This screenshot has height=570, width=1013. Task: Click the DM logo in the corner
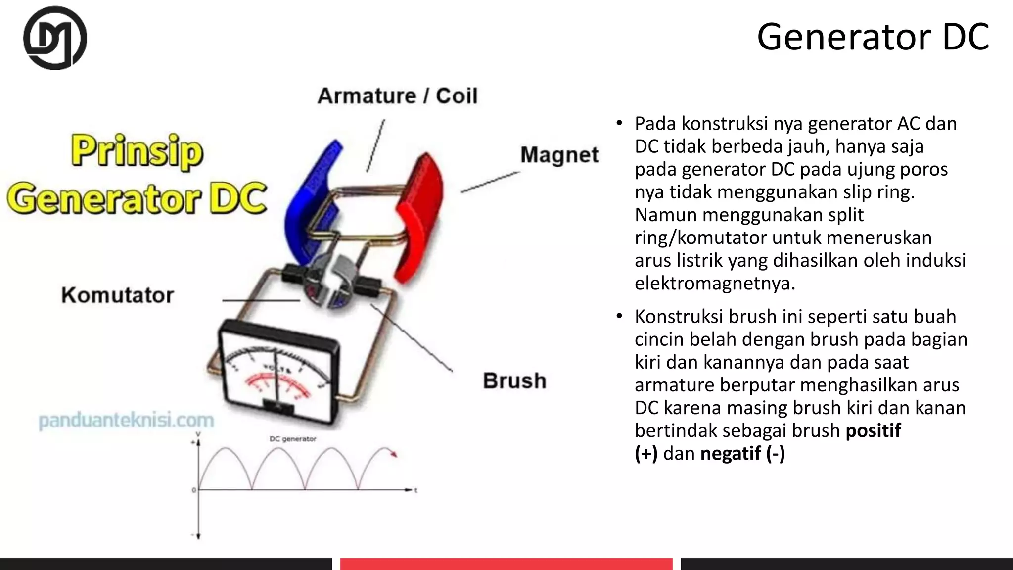tap(55, 38)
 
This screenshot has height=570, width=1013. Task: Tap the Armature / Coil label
tap(397, 96)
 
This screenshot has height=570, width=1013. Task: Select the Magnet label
tap(559, 155)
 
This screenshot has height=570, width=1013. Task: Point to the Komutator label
tap(118, 295)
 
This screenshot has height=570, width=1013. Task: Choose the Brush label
tap(514, 381)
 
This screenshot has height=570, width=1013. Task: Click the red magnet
tap(420, 213)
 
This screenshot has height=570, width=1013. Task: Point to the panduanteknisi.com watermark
tap(126, 421)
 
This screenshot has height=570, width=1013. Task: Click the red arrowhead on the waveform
tap(394, 454)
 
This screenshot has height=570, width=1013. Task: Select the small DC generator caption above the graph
tap(293, 439)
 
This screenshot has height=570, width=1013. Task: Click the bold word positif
tap(873, 430)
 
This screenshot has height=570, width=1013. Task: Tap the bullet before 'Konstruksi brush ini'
tap(619, 316)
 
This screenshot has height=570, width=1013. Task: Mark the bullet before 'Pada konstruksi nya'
tap(619, 123)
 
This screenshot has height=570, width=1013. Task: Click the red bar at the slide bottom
tap(506, 564)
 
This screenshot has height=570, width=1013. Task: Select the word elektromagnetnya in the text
tap(715, 284)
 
